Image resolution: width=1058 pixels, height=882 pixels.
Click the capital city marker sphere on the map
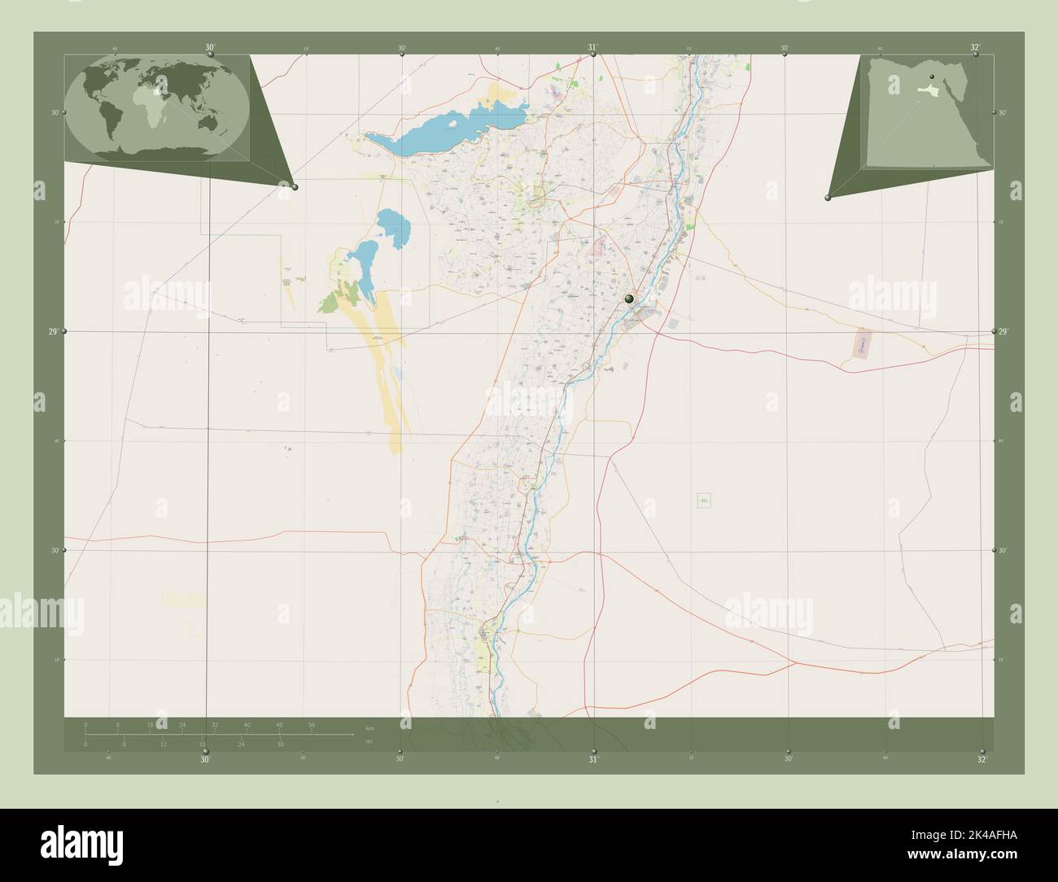tap(629, 299)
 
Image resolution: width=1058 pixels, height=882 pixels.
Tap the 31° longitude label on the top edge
tap(592, 47)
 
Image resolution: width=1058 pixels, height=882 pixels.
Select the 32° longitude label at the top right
tap(975, 47)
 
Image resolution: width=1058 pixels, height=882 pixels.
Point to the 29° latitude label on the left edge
tap(53, 331)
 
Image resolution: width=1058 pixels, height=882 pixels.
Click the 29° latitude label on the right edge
tap(1003, 331)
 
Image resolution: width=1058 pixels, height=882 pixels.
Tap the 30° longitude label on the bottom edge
tap(205, 760)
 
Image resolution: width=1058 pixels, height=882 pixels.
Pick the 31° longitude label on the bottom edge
tap(593, 760)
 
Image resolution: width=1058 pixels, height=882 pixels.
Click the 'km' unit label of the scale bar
tap(369, 727)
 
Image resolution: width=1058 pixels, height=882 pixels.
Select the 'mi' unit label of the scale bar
tap(369, 741)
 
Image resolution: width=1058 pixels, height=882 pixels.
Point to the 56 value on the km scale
tap(312, 724)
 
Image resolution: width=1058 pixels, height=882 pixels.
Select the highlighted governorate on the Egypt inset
tap(925, 91)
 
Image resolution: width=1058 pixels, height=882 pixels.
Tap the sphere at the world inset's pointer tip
tap(295, 187)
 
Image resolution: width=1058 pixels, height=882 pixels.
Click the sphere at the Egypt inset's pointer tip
tap(828, 198)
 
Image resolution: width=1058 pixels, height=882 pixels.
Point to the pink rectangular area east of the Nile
tap(861, 344)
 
